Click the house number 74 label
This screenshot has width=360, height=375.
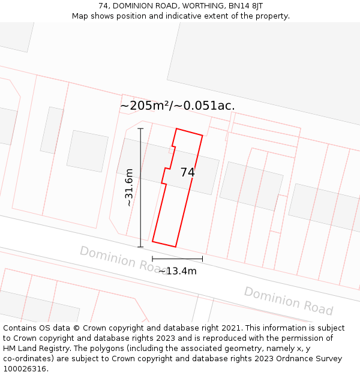point(187,172)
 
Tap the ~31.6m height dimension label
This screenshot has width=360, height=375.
point(128,187)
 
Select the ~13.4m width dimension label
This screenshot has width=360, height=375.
point(177,271)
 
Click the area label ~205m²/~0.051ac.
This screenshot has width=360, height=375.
point(177,106)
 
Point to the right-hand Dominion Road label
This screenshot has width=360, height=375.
point(288,301)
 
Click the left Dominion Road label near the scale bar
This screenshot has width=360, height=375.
point(117,258)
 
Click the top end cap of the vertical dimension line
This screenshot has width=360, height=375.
point(141,128)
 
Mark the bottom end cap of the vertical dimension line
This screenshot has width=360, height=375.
point(141,247)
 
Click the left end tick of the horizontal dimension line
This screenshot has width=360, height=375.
point(152,259)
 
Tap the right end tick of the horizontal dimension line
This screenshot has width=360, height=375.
point(202,259)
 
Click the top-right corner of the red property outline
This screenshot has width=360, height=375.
point(202,136)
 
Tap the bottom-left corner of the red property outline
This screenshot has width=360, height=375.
point(152,241)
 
